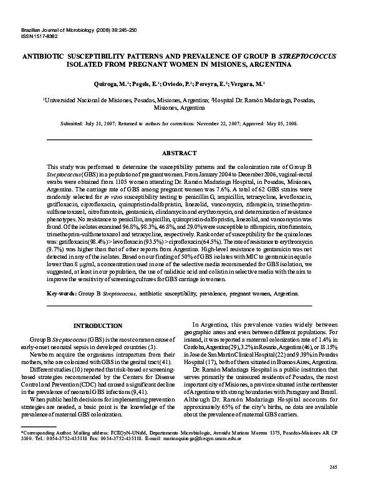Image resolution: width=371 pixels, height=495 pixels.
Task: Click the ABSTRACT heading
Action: tap(185, 152)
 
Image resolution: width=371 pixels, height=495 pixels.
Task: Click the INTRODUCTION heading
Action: tap(98, 325)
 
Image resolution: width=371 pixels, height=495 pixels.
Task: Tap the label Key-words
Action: tap(62, 292)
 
